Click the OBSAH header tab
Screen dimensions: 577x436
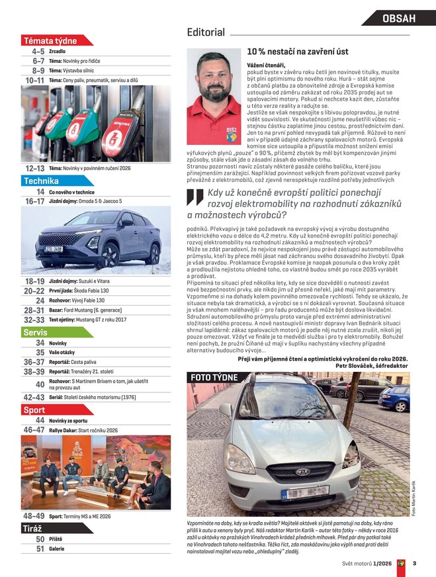399,19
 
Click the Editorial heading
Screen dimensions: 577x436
206,32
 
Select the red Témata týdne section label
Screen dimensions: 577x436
50,40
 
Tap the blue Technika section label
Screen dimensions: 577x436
41,181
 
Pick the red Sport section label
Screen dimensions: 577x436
34,410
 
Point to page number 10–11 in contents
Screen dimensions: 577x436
34,80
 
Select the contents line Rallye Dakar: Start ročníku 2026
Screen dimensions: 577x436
85,430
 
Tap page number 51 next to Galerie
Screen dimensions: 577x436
40,549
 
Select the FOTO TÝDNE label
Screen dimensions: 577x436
214,377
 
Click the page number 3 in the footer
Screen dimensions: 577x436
414,564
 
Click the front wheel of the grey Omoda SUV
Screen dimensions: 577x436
109,255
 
